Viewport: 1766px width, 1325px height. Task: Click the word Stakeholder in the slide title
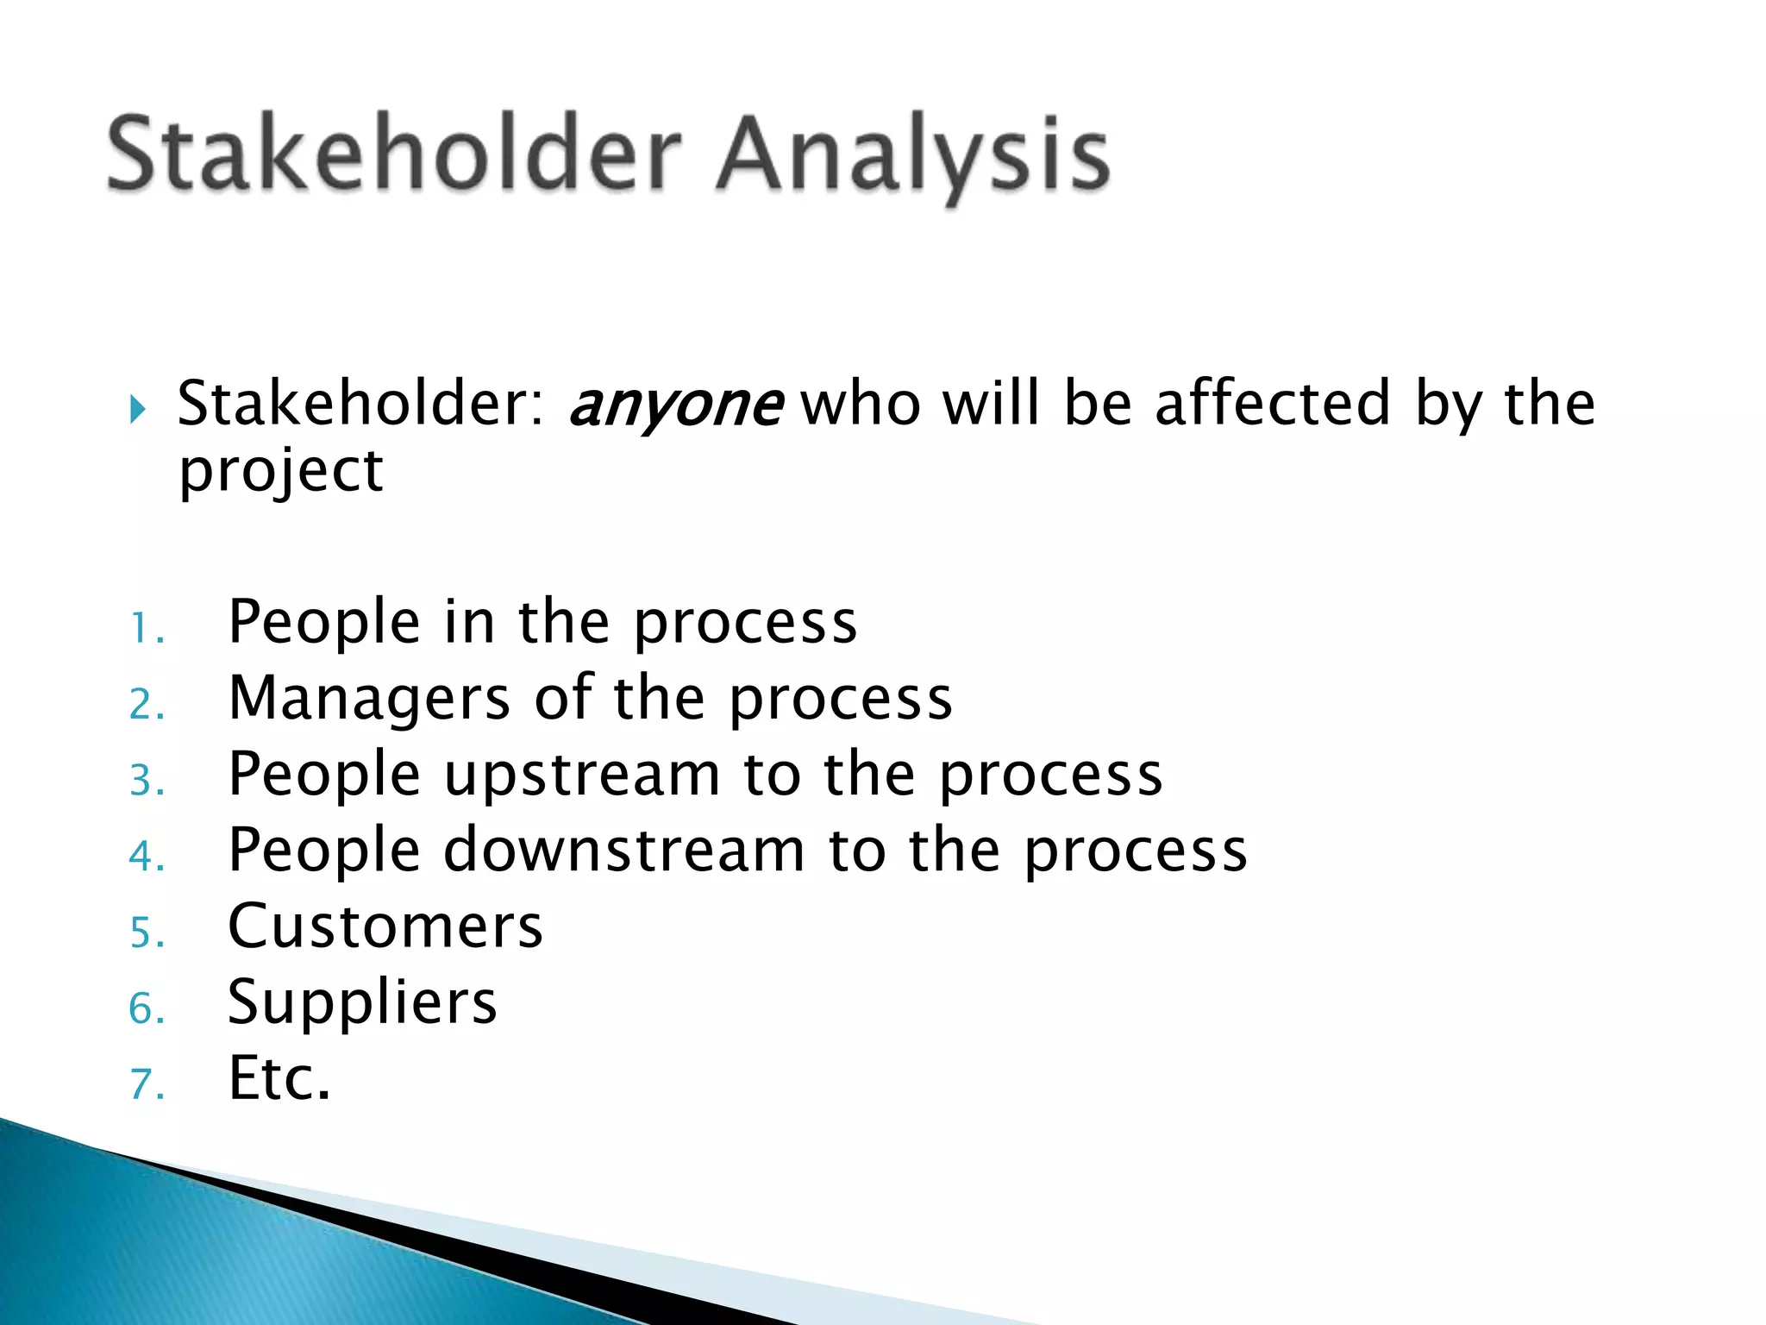[395, 155]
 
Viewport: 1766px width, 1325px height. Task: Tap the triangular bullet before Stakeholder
[138, 408]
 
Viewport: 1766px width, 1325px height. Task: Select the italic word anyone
[675, 405]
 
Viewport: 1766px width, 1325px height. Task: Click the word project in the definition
[280, 473]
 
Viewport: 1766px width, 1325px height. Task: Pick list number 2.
[146, 704]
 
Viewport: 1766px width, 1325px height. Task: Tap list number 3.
[146, 780]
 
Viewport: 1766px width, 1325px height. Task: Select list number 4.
[146, 856]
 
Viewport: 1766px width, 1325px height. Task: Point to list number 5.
[146, 932]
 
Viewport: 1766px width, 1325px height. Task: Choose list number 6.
[146, 1008]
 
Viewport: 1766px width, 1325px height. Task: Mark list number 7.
[146, 1083]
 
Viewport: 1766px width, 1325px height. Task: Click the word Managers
[369, 699]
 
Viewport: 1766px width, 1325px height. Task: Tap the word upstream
[582, 776]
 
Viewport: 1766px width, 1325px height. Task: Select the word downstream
[624, 850]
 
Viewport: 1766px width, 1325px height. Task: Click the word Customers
[385, 926]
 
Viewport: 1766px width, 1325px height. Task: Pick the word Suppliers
[362, 1003]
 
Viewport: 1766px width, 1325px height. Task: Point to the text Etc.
[279, 1078]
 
